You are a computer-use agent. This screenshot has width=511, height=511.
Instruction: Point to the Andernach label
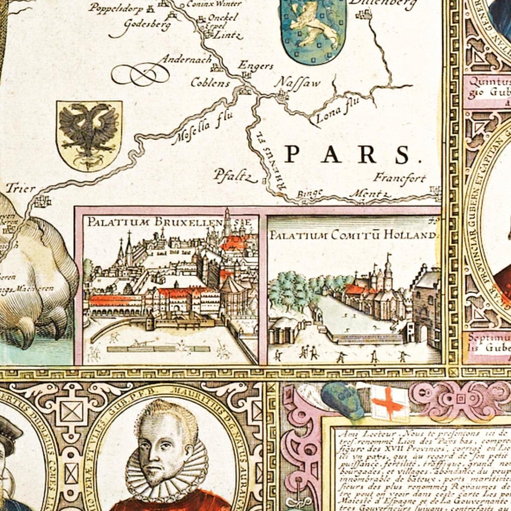(186, 59)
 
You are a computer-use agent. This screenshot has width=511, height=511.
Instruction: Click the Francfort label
(399, 178)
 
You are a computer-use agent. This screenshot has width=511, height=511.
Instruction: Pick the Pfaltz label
(234, 176)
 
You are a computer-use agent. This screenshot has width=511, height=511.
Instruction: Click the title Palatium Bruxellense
(169, 222)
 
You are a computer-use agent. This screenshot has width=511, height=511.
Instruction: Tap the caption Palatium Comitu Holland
(352, 235)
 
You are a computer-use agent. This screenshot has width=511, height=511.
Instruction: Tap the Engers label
(255, 65)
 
